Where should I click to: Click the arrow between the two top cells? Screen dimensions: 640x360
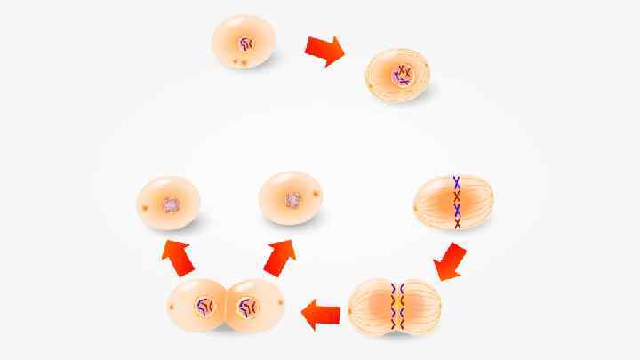[x=325, y=50]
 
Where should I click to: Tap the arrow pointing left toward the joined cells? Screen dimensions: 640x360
[x=323, y=314]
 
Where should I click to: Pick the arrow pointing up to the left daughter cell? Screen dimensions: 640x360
[x=177, y=258]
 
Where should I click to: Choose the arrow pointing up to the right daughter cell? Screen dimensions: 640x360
[x=280, y=257]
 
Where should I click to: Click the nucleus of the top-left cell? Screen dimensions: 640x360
[x=244, y=42]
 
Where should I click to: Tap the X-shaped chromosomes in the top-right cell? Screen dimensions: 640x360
[x=404, y=76]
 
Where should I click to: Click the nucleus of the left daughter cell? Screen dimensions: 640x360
[x=171, y=204]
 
